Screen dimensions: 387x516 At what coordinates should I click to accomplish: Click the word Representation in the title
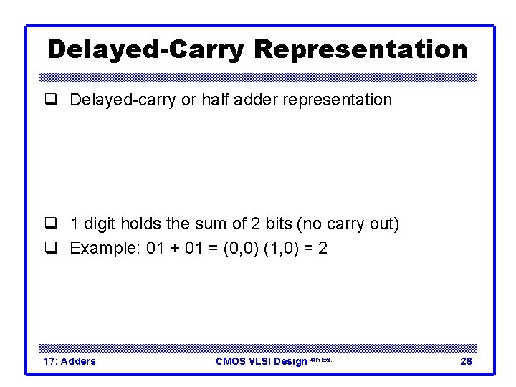pyautogui.click(x=360, y=49)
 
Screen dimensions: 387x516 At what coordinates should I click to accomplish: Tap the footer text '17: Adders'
pyautogui.click(x=70, y=361)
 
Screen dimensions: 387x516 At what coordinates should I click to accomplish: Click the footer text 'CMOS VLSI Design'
pyautogui.click(x=262, y=361)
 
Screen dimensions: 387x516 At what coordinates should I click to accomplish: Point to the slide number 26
pyautogui.click(x=466, y=361)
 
